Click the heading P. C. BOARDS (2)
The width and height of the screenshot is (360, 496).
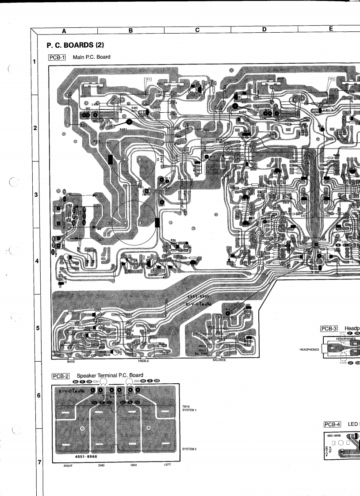click(x=75, y=45)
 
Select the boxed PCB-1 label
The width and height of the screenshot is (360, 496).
click(x=57, y=57)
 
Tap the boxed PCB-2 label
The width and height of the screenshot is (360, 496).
click(x=61, y=376)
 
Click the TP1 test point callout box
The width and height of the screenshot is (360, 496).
click(x=148, y=79)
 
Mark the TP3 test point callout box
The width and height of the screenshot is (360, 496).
click(x=332, y=79)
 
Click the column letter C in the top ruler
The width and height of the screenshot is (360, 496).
click(x=197, y=30)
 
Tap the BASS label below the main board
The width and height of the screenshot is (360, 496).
click(x=71, y=361)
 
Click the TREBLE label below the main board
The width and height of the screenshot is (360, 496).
click(x=143, y=361)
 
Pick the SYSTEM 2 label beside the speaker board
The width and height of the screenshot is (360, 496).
click(x=189, y=449)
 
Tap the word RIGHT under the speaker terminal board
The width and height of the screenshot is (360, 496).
click(x=68, y=465)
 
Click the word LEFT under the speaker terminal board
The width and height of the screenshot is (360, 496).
click(x=167, y=465)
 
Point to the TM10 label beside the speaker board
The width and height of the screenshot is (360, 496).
click(x=186, y=406)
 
